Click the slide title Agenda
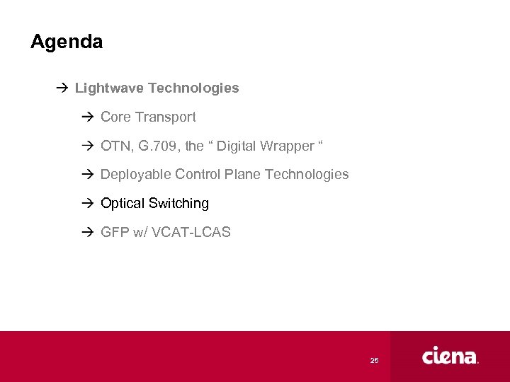(x=67, y=42)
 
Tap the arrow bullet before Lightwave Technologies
(x=60, y=88)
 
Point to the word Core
(x=115, y=117)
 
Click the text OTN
(x=115, y=146)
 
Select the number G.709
(x=160, y=146)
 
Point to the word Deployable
(x=136, y=174)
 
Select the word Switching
(x=179, y=203)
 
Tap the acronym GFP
(x=115, y=232)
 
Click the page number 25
(x=374, y=361)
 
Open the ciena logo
(x=450, y=357)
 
